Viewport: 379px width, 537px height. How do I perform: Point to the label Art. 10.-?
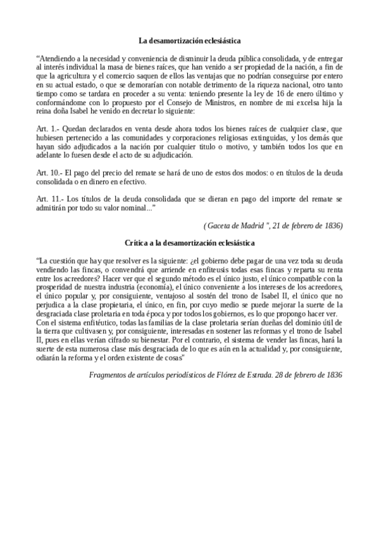pyautogui.click(x=51, y=173)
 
